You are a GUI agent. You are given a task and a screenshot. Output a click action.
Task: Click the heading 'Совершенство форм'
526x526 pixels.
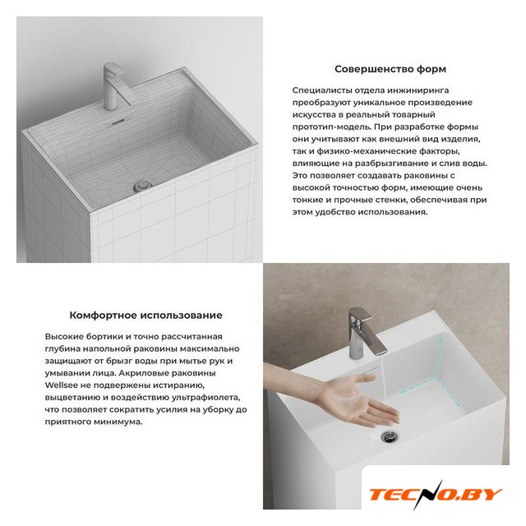point(390,69)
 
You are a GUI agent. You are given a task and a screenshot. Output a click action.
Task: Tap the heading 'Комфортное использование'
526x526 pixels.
point(145,316)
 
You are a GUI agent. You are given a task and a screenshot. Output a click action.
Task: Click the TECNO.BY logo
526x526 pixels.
point(436,494)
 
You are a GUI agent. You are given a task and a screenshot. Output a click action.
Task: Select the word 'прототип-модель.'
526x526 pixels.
point(331,127)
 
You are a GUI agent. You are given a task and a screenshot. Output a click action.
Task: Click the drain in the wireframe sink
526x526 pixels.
point(142,186)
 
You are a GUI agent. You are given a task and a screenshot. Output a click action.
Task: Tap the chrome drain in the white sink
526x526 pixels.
point(390,436)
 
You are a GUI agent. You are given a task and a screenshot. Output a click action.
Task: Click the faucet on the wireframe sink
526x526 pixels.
point(116,87)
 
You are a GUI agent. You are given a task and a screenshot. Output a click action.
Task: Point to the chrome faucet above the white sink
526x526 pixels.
point(365,333)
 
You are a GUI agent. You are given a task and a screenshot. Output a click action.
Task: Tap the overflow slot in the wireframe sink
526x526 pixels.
point(118,122)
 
